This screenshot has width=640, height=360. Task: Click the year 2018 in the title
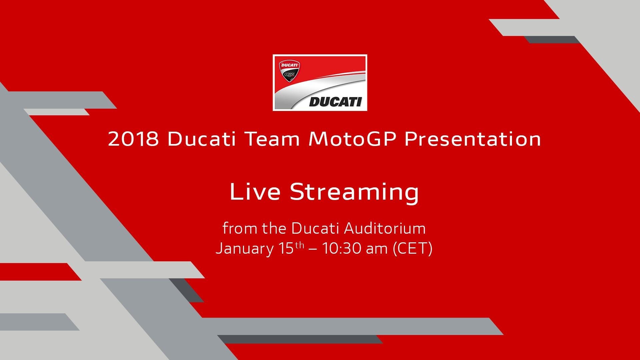pyautogui.click(x=133, y=139)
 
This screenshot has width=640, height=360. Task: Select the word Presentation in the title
pyautogui.click(x=473, y=139)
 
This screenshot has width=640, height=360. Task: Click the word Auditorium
pyautogui.click(x=385, y=228)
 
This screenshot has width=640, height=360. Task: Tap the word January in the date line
pyautogui.click(x=244, y=249)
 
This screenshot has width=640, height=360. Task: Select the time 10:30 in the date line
pyautogui.click(x=342, y=248)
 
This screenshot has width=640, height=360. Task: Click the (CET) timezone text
pyautogui.click(x=413, y=249)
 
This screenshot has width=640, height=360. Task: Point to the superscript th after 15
pyautogui.click(x=300, y=245)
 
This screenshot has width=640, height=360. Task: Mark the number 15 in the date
pyautogui.click(x=286, y=248)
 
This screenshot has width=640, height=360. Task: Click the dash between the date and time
pyautogui.click(x=313, y=250)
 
